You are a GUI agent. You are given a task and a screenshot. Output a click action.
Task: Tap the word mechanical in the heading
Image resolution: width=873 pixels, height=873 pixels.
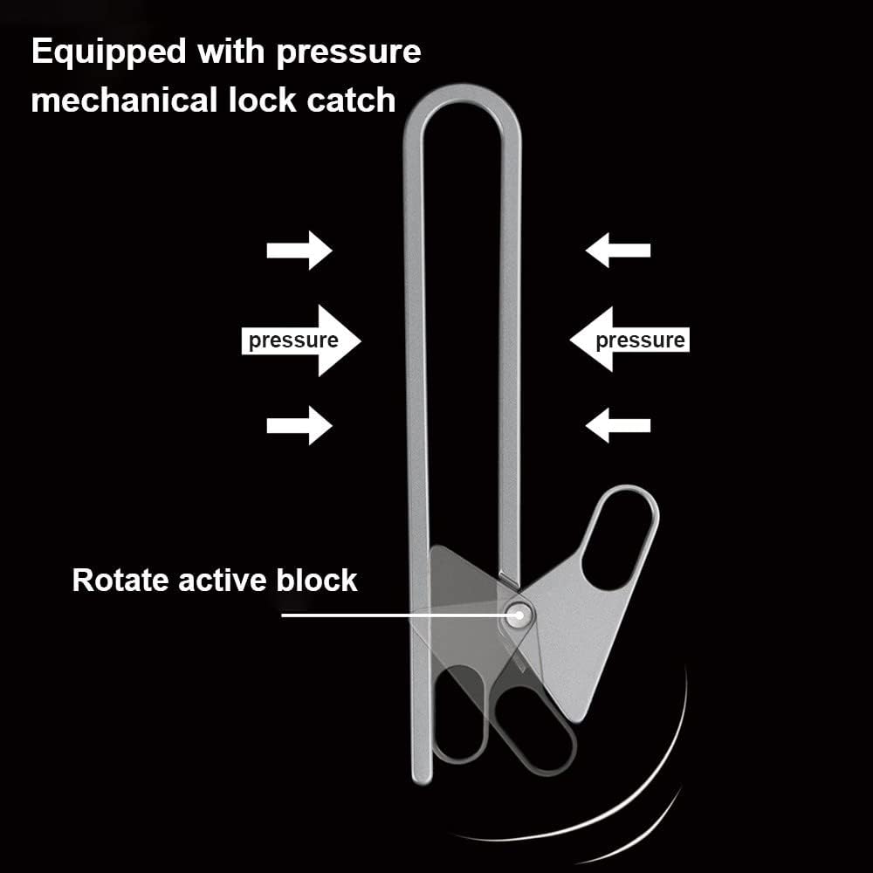[x=124, y=100]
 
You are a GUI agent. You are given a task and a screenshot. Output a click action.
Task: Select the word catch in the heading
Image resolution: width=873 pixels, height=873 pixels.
[x=351, y=100]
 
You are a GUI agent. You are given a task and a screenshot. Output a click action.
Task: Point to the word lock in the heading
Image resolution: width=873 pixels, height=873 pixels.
[x=262, y=100]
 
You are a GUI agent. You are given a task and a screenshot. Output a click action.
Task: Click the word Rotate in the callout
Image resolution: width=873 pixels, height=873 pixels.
[x=120, y=581]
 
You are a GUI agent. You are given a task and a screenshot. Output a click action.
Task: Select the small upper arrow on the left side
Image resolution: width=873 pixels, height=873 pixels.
[x=299, y=251]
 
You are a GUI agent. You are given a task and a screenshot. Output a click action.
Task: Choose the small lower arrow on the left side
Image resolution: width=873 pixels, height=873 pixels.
[x=299, y=425]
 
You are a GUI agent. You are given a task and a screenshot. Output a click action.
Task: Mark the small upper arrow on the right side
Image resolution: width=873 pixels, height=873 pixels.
[x=618, y=250]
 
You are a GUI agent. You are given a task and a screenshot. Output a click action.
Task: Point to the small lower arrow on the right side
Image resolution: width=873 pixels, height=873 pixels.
[x=618, y=425]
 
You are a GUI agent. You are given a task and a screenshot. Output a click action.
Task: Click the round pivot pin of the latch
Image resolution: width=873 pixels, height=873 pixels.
[x=519, y=615]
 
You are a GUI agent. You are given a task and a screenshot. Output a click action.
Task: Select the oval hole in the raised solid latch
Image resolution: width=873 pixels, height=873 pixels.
[x=619, y=540]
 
